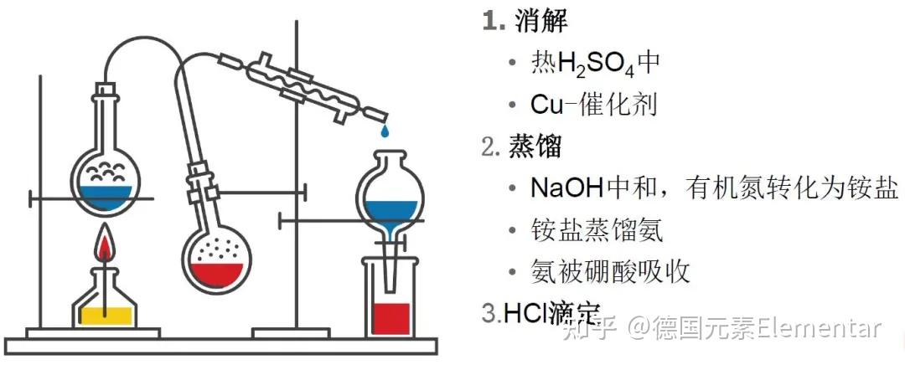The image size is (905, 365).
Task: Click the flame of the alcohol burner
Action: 105,246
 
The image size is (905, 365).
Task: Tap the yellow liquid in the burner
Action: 103,314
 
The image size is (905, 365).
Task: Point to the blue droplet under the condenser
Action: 385,131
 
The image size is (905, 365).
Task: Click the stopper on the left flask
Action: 106,86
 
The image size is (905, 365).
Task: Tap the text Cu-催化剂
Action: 593,104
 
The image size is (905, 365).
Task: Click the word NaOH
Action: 566,188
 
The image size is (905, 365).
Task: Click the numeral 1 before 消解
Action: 489,22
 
